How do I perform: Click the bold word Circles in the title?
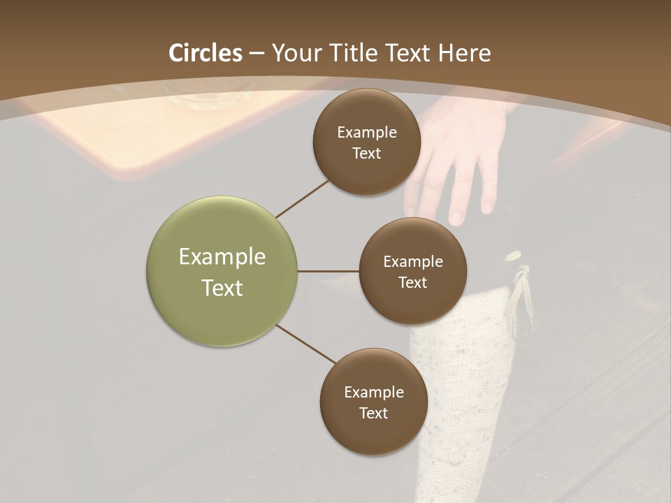205,53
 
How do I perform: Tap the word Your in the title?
294,53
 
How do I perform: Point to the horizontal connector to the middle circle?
328,271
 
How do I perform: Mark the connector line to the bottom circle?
306,344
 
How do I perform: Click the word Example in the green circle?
222,257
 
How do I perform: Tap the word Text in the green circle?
222,288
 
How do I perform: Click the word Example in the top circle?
366,132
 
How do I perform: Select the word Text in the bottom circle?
373,413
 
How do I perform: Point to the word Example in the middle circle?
412,261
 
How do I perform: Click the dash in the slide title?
257,54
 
